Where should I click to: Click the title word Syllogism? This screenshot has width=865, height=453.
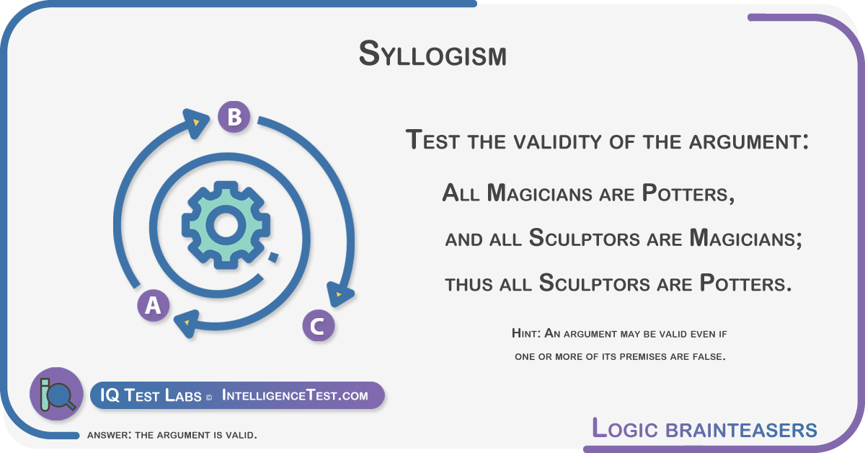click(432, 54)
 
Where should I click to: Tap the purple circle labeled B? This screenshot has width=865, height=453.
click(234, 117)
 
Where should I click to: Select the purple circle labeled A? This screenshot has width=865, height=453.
click(154, 305)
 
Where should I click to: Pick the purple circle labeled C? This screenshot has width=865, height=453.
click(318, 325)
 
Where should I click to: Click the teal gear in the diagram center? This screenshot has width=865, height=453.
click(226, 225)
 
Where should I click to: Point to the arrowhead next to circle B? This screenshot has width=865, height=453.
click(196, 123)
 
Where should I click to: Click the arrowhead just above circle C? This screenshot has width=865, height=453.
click(339, 294)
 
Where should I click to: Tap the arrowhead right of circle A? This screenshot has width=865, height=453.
click(187, 323)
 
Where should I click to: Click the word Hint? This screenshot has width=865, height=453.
click(526, 333)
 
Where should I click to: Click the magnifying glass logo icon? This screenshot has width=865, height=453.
click(56, 394)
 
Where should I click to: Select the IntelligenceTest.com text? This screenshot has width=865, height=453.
click(295, 395)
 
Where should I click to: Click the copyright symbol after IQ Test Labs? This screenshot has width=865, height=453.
click(209, 397)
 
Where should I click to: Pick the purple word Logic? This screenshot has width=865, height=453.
click(624, 428)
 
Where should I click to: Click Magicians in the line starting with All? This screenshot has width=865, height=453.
click(539, 193)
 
